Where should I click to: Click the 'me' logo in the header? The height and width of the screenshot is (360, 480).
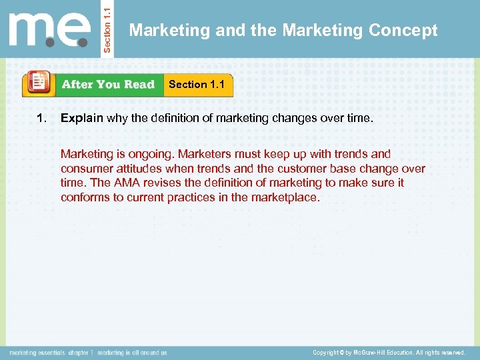tap(50, 29)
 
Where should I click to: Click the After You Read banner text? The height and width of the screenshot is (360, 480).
tap(107, 85)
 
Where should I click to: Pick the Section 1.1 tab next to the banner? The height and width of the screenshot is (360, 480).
tap(197, 84)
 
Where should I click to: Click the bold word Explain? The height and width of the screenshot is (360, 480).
tap(81, 119)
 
